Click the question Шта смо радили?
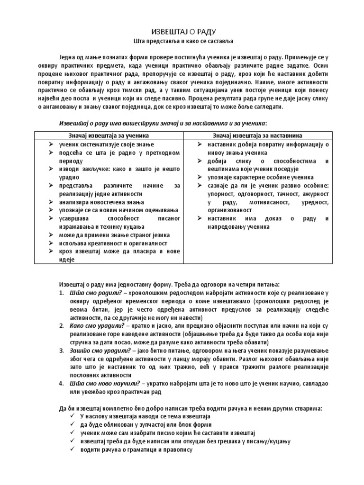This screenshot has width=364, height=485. point(82,292)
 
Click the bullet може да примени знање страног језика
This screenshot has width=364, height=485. point(114,235)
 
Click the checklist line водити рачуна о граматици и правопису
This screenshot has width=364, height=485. point(136,449)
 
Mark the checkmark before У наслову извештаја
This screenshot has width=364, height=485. point(71,416)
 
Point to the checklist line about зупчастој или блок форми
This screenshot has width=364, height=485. point(146,424)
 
